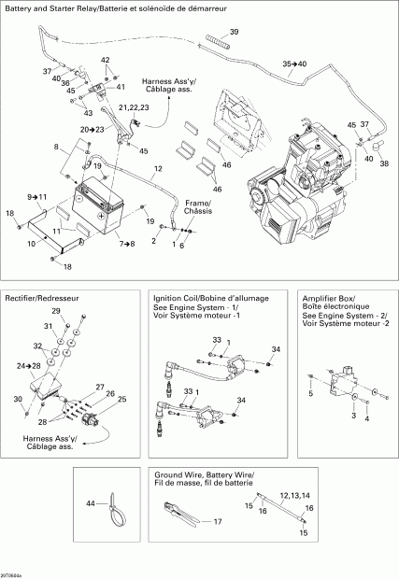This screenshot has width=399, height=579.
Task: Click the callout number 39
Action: tap(234, 33)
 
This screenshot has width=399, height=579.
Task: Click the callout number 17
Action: tap(217, 521)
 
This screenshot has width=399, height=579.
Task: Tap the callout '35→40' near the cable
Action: tap(294, 64)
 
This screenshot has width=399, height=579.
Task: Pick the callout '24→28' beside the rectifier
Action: tap(29, 367)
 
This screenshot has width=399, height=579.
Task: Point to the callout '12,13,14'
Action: tap(293, 495)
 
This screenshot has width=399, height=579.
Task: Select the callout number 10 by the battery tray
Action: tap(31, 243)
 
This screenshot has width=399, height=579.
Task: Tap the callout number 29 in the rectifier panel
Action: tap(55, 310)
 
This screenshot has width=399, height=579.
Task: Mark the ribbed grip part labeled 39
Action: tap(218, 44)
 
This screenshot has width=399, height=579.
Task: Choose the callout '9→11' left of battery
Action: tap(36, 196)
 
